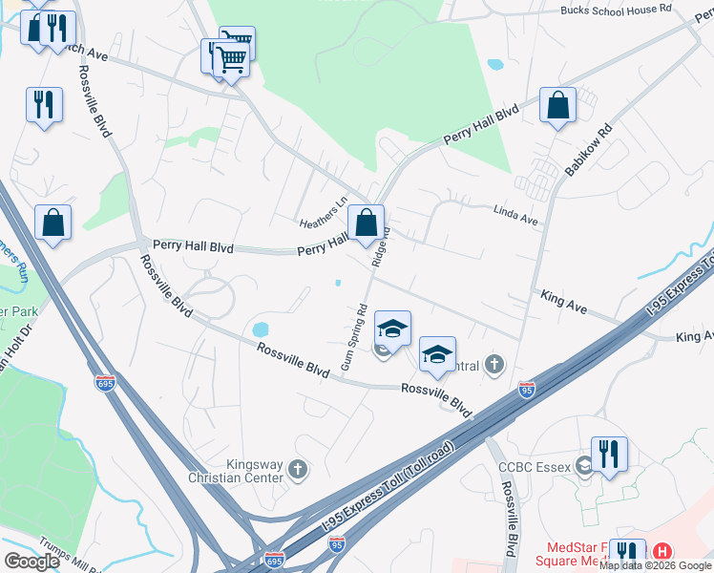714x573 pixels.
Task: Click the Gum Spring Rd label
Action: [353, 337]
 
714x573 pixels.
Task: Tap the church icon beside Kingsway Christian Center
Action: [298, 469]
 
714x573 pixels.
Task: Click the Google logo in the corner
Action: [31, 562]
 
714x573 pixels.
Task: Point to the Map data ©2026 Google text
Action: [656, 565]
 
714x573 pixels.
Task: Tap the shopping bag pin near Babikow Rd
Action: [557, 106]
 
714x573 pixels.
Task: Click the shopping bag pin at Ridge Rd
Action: [366, 223]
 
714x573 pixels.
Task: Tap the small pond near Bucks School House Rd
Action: [494, 66]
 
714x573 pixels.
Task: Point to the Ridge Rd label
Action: [383, 244]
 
